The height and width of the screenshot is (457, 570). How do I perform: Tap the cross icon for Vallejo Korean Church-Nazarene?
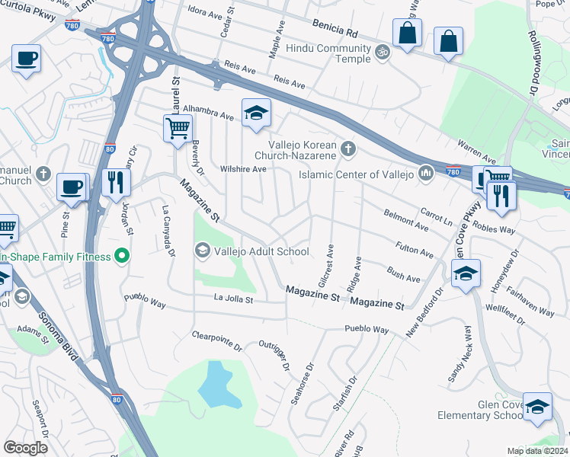tap(348, 148)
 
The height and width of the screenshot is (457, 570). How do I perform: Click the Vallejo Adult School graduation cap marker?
tap(202, 250)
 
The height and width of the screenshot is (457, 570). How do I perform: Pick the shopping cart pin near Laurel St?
tap(177, 128)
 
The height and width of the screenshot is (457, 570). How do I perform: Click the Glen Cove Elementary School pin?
tap(537, 407)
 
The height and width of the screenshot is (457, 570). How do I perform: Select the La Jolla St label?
tap(233, 299)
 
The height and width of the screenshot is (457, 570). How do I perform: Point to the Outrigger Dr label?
tap(274, 356)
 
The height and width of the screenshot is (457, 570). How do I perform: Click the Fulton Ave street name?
tap(415, 249)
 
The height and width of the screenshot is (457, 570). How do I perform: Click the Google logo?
tap(25, 448)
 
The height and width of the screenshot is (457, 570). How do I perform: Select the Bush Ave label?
tap(403, 273)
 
